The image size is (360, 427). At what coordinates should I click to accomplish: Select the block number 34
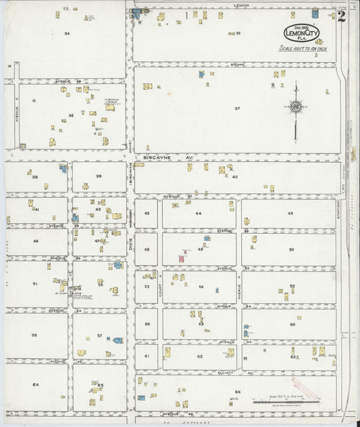click(67, 32)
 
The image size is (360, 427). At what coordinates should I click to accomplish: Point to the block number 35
click(238, 32)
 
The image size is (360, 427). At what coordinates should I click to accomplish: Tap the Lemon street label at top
click(241, 5)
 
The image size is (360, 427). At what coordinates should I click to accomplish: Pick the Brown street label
click(237, 64)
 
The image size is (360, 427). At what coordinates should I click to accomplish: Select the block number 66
click(238, 391)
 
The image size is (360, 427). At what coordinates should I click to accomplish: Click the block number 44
click(199, 213)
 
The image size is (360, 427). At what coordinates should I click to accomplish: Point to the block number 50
click(291, 249)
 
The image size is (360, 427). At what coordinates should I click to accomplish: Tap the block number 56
click(34, 334)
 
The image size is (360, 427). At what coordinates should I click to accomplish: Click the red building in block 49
click(182, 258)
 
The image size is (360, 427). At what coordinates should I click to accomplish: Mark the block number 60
click(292, 324)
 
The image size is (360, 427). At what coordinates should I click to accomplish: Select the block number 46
click(35, 241)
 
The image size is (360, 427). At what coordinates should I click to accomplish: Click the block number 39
click(99, 176)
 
